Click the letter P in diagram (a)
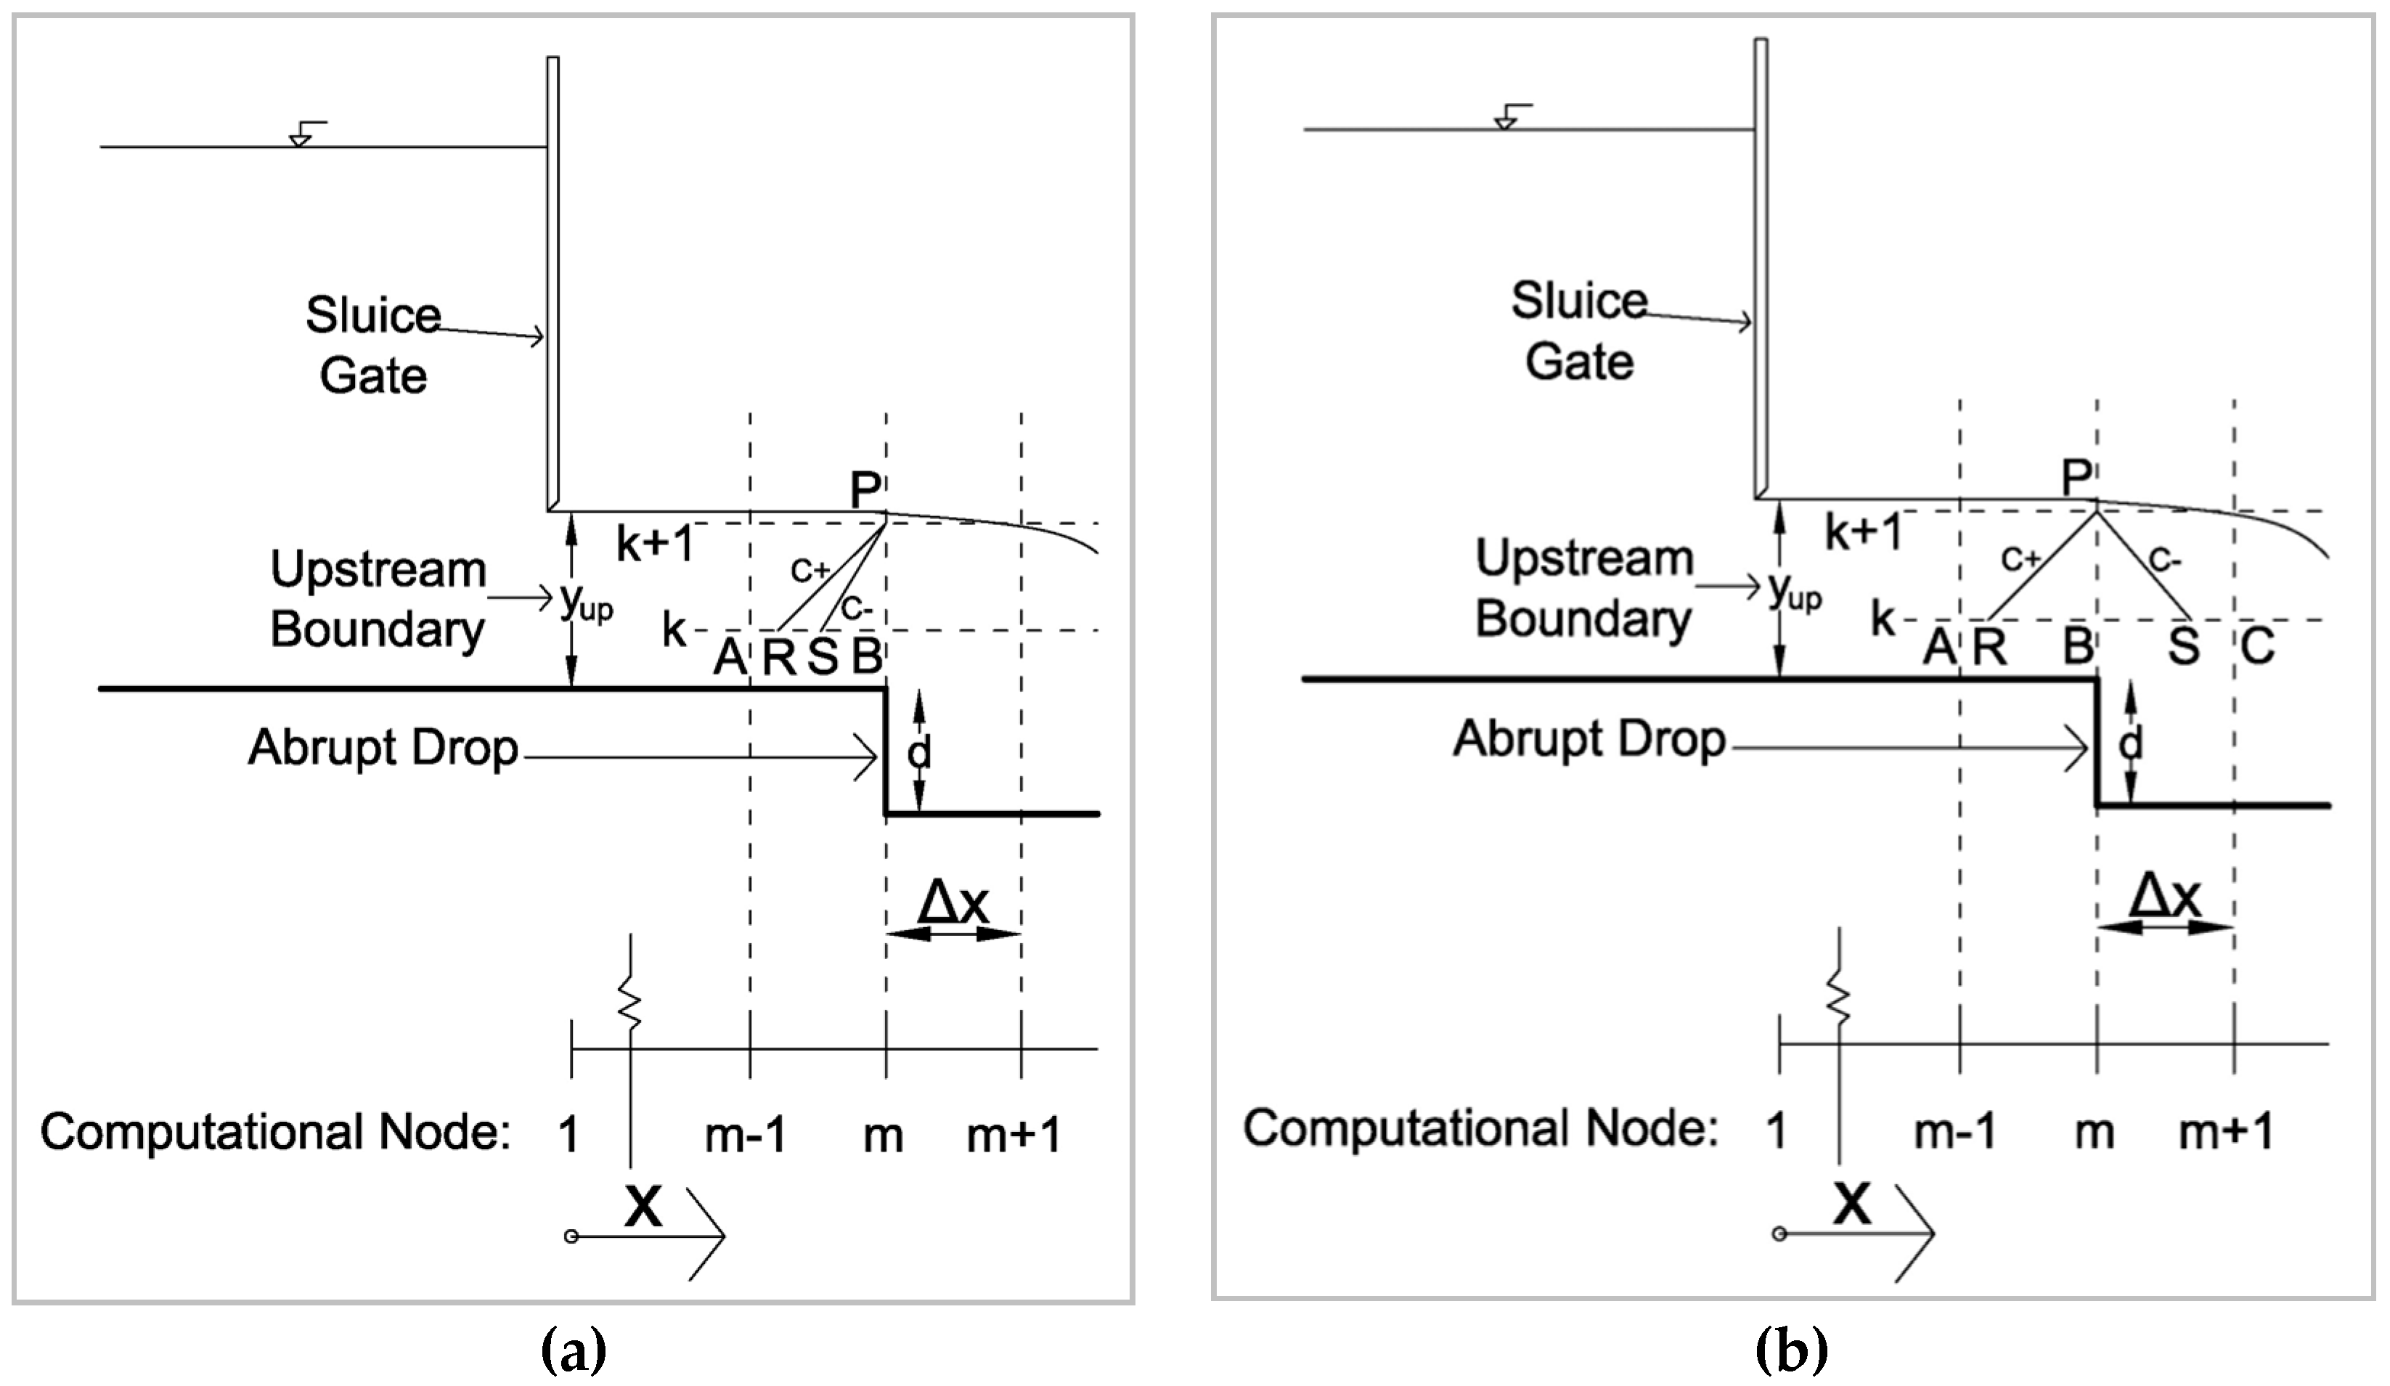(x=865, y=492)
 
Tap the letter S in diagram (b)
(x=2183, y=647)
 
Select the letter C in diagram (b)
(x=2257, y=647)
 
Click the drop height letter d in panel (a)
(x=919, y=752)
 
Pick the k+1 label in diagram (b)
(x=1864, y=532)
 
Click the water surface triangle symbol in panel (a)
(x=300, y=139)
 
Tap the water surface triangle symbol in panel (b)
(x=1504, y=121)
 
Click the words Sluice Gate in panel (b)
(x=1579, y=330)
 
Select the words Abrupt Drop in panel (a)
(x=383, y=749)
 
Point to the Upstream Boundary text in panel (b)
(x=1584, y=588)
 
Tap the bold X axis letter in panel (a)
(x=643, y=1207)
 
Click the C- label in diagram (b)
(x=2164, y=560)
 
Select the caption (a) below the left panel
(x=573, y=1351)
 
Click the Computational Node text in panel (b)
(x=1480, y=1129)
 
